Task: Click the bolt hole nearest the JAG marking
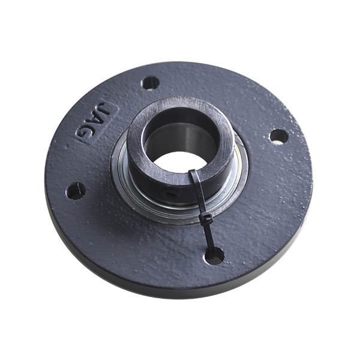pyautogui.click(x=150, y=83)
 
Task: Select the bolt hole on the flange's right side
pyautogui.click(x=279, y=137)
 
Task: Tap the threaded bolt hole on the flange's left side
pyautogui.click(x=76, y=191)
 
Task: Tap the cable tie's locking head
pyautogui.click(x=206, y=218)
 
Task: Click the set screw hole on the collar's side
pyautogui.click(x=171, y=194)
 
